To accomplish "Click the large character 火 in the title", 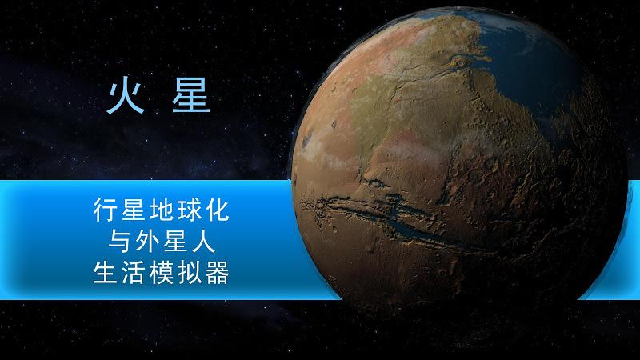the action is [x=126, y=98].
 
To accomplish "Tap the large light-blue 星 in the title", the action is [x=191, y=97].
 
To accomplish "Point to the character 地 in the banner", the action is [x=162, y=210].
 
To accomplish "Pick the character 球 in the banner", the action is [x=190, y=210].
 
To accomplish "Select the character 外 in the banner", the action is [x=147, y=242].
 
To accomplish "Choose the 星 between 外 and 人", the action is [x=175, y=242].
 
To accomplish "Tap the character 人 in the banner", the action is [x=203, y=242].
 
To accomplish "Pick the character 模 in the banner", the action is [x=162, y=273].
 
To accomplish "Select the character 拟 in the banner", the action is [x=190, y=273].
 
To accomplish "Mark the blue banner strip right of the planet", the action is [x=612, y=240].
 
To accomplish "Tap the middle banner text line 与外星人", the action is [x=162, y=242].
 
